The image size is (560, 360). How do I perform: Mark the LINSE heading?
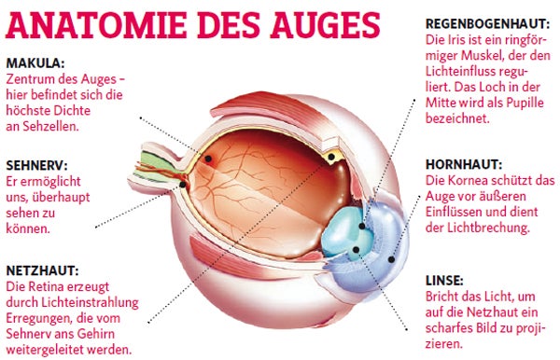coord(444,280)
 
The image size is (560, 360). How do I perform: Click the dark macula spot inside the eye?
coord(208,161)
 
